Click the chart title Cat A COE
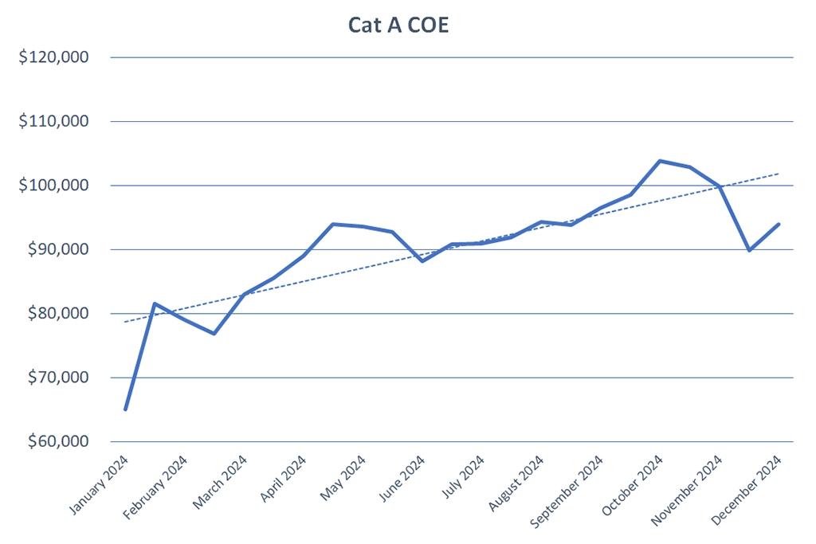coord(399,25)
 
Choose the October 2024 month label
coord(632,487)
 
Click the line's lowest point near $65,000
coord(126,409)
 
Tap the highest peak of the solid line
coord(660,161)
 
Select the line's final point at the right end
coord(779,224)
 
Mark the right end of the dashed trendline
coord(779,174)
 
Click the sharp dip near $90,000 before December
coord(749,250)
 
